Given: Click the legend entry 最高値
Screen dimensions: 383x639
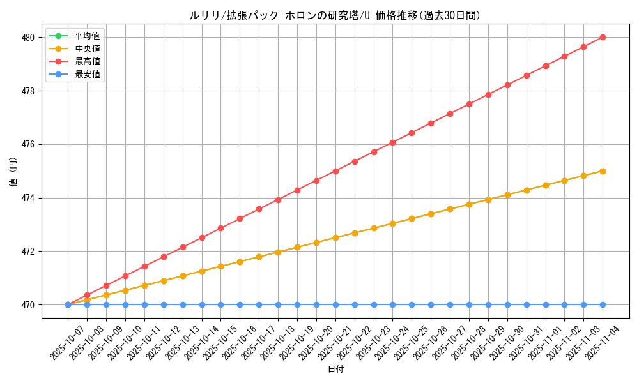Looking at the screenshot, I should coord(87,61).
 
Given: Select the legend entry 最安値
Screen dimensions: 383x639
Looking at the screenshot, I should coord(87,74).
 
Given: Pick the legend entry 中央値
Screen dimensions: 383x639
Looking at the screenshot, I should coord(87,49).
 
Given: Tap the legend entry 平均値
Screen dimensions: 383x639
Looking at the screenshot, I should coord(87,36).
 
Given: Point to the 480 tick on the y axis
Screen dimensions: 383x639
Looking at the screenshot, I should coord(27,38).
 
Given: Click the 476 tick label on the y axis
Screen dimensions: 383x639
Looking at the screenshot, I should coord(27,144).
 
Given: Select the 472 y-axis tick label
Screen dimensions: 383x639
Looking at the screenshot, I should coord(27,252).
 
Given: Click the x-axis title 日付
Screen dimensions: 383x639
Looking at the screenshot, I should coord(335,370).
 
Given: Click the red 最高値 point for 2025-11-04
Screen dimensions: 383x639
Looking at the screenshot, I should coord(603,38).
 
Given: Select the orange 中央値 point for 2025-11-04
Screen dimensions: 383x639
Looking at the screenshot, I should coord(603,171).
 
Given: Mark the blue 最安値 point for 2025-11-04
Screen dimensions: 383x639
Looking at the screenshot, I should coord(603,304).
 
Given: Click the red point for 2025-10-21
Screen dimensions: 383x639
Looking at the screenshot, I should coord(335,171).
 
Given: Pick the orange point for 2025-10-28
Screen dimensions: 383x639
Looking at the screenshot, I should coord(469,204).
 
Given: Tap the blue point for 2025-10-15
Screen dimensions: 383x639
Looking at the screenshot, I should coord(220,304).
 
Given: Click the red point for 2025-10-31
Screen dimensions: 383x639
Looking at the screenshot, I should coord(527,75).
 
